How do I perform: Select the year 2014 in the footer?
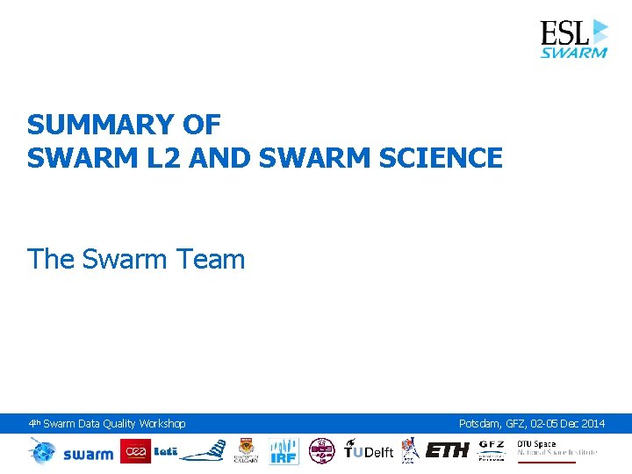coord(592,424)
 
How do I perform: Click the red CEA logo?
coord(136,451)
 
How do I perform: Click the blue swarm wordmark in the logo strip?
coord(88,453)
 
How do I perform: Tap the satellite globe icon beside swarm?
coord(42,451)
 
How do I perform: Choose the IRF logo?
coord(284,451)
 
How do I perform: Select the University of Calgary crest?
coord(246,451)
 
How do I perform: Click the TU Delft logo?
coord(369,451)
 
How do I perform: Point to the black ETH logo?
coord(448,451)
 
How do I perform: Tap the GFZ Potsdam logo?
coord(492,450)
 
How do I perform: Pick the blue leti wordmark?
coord(166,451)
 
